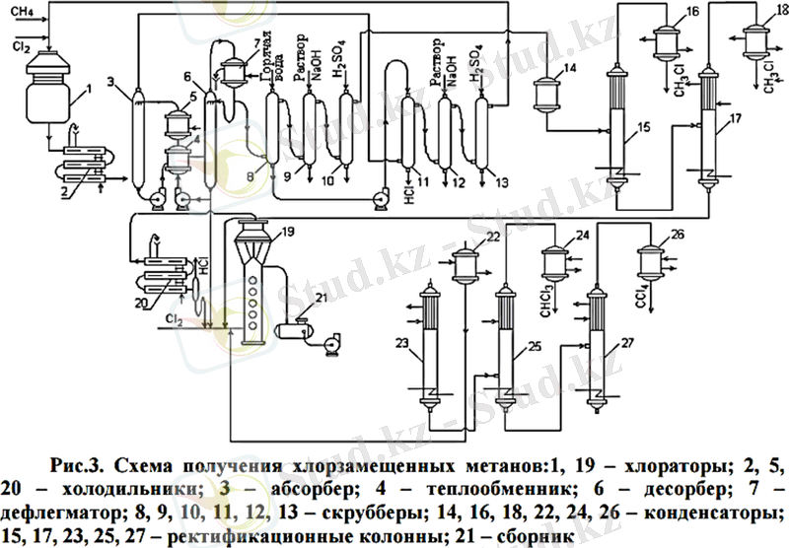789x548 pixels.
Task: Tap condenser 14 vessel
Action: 545,95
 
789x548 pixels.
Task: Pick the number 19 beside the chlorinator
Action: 285,233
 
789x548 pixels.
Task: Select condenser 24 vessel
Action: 554,263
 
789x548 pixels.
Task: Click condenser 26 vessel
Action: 649,260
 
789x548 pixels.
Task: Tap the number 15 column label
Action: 643,127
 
